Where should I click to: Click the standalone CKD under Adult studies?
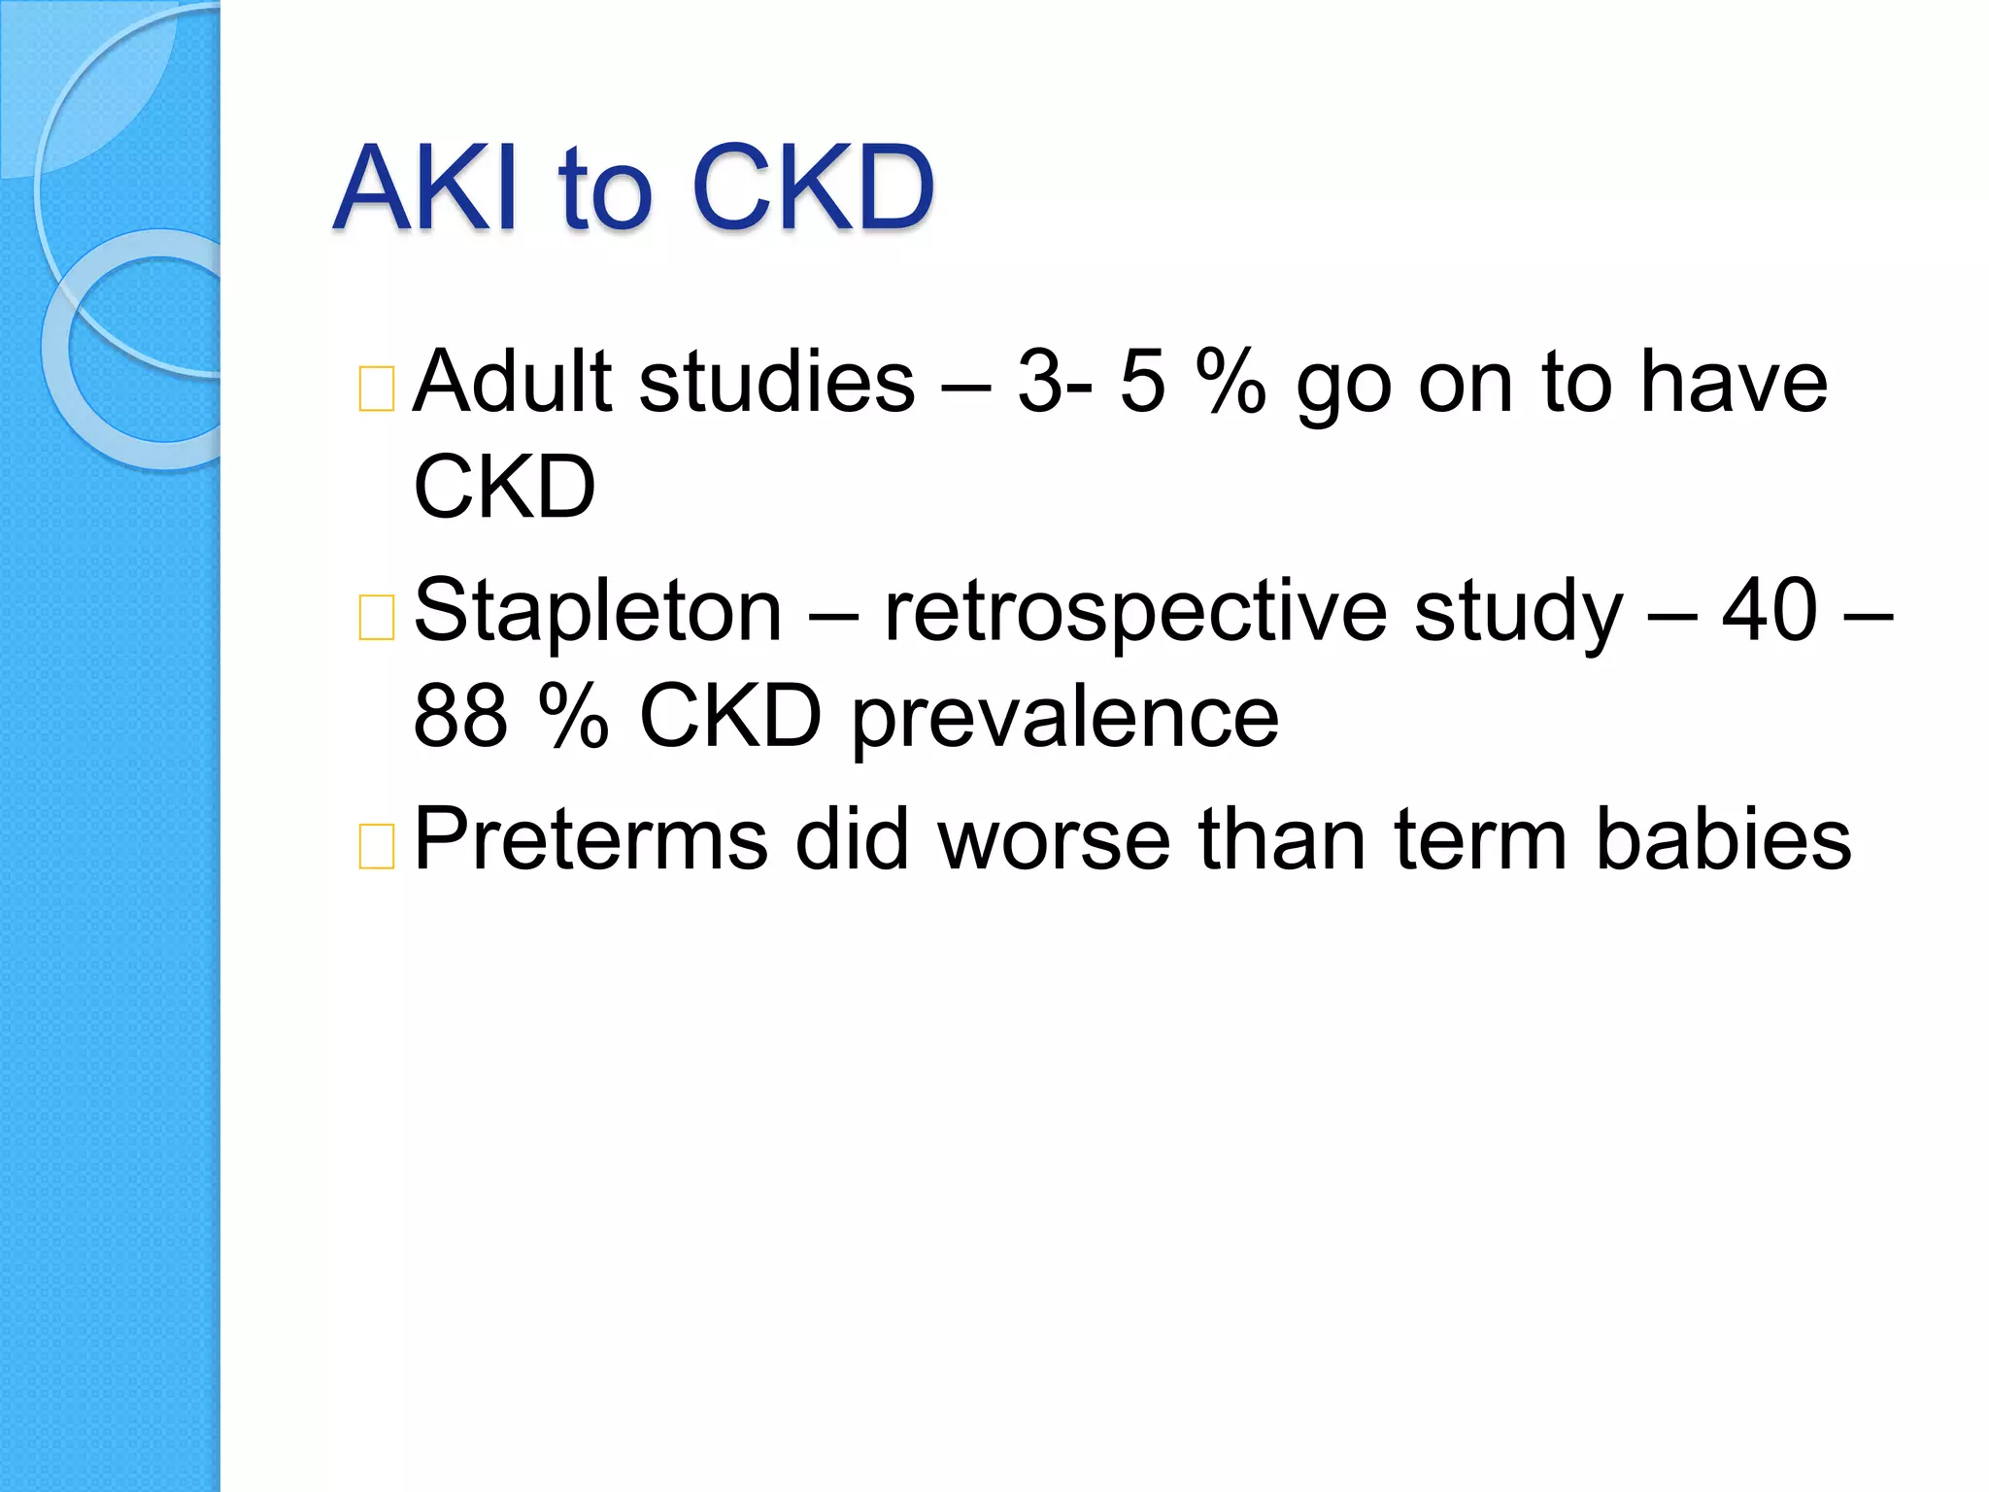pyautogui.click(x=504, y=487)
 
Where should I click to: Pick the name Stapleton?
pyautogui.click(x=597, y=611)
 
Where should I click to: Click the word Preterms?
pyautogui.click(x=590, y=839)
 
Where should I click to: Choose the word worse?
pyautogui.click(x=1055, y=841)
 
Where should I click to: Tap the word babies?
pyautogui.click(x=1723, y=839)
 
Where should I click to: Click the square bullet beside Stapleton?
pyautogui.click(x=376, y=617)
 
